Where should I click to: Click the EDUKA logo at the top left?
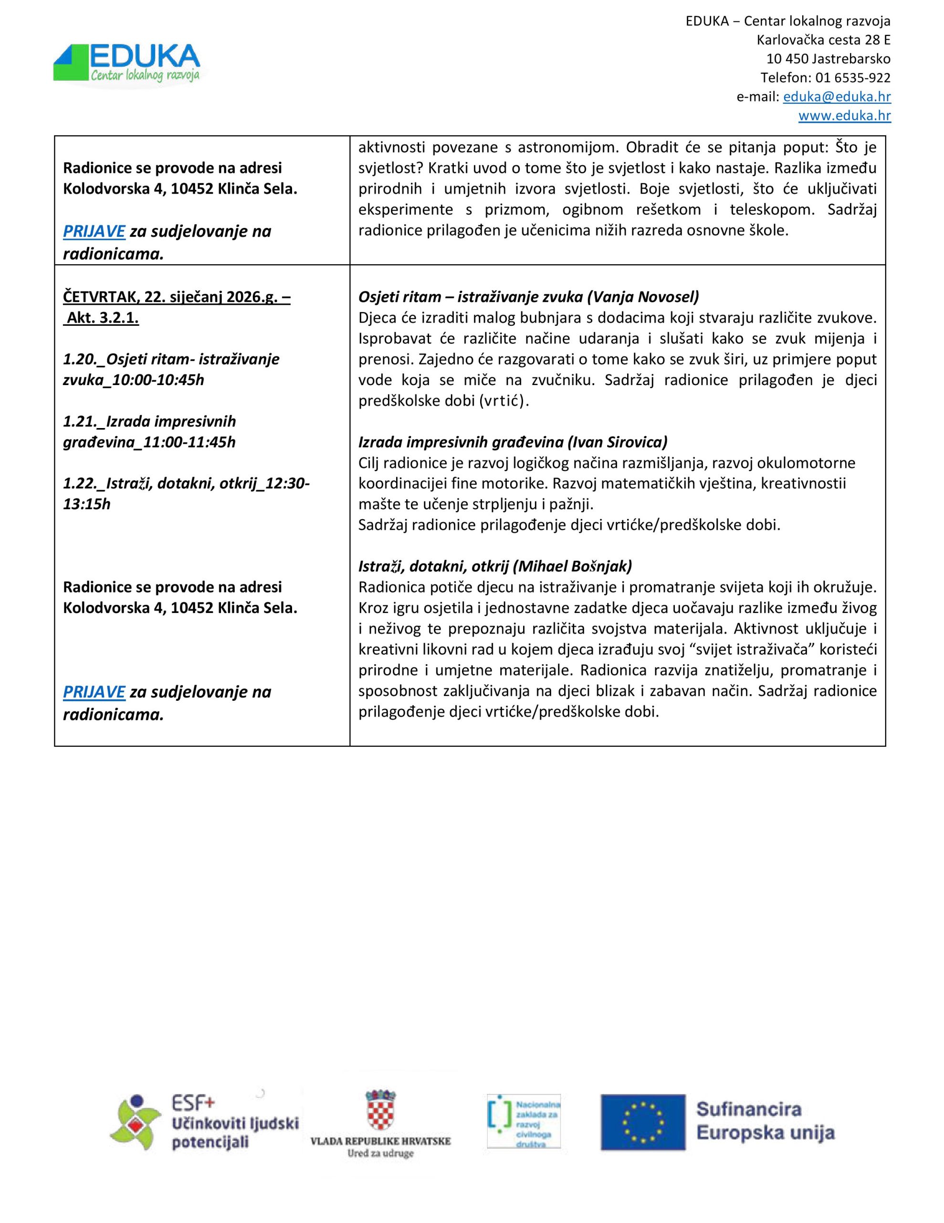[127, 64]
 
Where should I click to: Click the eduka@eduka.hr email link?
[837, 97]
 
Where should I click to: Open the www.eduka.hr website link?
[844, 116]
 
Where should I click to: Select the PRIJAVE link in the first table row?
[94, 231]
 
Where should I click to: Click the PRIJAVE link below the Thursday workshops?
[94, 692]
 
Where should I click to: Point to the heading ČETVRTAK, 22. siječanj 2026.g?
[176, 297]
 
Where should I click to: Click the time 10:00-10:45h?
[158, 380]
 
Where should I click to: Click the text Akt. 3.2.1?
[103, 318]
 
